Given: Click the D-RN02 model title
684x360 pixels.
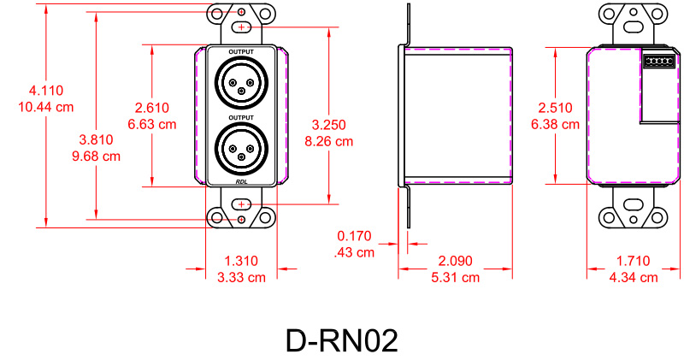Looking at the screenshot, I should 341,340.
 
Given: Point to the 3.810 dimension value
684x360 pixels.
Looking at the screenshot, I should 94,139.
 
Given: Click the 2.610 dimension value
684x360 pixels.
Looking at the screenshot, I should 151,108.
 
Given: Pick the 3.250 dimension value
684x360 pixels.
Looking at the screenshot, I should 329,125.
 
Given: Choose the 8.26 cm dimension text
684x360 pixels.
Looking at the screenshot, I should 329,141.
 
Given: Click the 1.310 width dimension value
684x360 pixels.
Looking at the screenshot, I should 241,261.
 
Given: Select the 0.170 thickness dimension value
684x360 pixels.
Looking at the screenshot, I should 355,235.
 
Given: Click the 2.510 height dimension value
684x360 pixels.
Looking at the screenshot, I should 555,108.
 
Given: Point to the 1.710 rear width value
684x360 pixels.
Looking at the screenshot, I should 633,261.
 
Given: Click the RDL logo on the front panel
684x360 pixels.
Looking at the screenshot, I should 242,180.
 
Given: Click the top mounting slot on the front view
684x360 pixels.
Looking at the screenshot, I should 242,27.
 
